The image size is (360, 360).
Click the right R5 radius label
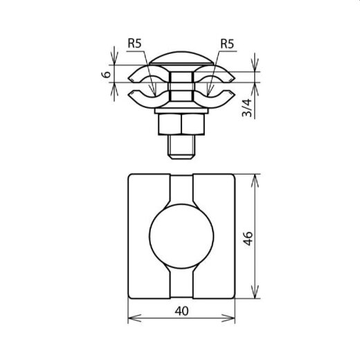click(x=226, y=44)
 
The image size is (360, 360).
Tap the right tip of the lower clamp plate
click(x=235, y=96)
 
